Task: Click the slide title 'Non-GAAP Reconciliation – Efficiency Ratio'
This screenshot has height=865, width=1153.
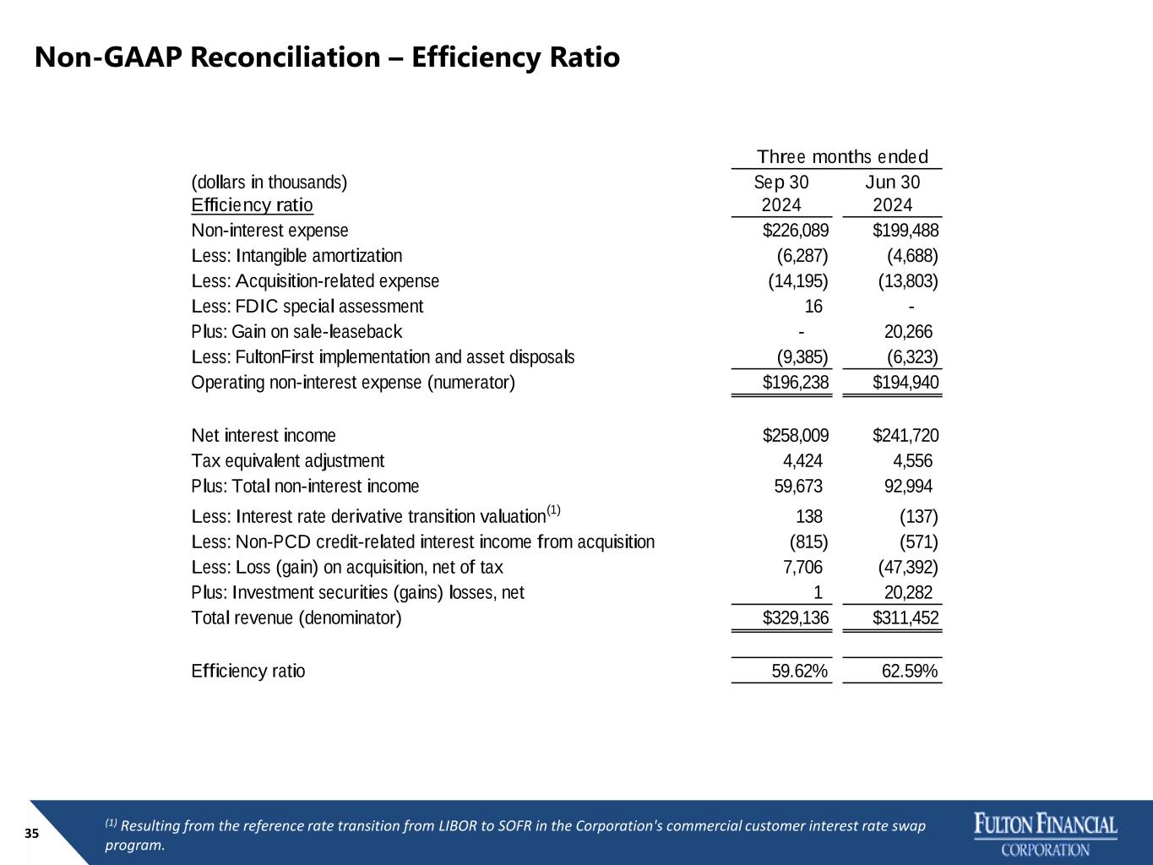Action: (x=327, y=57)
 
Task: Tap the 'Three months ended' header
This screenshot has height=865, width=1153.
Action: (x=842, y=156)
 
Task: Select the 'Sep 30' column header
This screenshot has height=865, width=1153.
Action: (x=781, y=182)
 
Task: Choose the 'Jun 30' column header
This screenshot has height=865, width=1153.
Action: (x=893, y=182)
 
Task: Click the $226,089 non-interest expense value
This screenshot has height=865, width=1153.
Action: (x=796, y=230)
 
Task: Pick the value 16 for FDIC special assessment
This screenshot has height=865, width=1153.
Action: (x=813, y=306)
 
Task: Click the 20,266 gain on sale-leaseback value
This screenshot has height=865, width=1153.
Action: (x=908, y=331)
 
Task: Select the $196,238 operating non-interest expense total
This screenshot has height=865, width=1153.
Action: (x=796, y=382)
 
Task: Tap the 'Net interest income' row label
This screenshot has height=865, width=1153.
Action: (x=264, y=435)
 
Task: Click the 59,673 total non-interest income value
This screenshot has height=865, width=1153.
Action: (x=798, y=486)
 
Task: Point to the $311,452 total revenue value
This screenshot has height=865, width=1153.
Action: (x=906, y=617)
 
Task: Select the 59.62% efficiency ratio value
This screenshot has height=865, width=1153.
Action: (x=799, y=671)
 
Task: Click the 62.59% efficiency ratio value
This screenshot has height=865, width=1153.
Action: (x=910, y=671)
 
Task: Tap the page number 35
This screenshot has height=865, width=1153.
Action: (x=31, y=834)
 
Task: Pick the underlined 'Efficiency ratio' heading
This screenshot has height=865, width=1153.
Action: (x=252, y=204)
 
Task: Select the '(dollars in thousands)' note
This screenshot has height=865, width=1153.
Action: (x=269, y=182)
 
